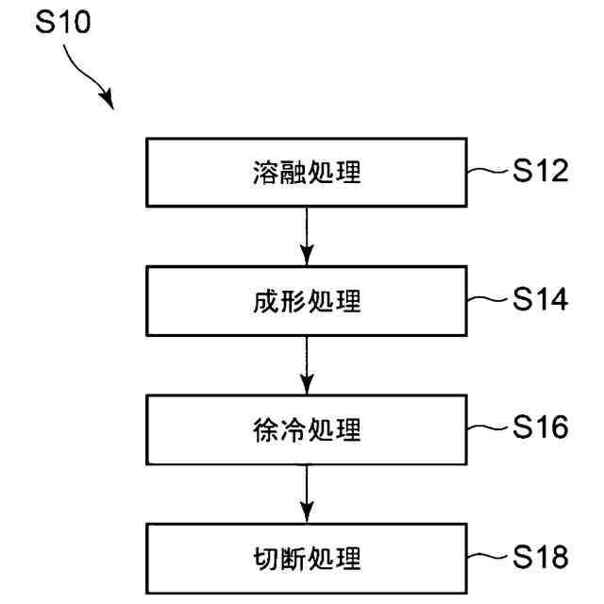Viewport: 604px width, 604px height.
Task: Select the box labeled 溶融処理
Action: [x=307, y=173]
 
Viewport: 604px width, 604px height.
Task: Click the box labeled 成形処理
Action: [x=307, y=302]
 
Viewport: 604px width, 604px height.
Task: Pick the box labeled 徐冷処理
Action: [x=307, y=430]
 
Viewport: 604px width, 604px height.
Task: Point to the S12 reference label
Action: [x=541, y=172]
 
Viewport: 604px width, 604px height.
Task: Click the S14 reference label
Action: [x=541, y=300]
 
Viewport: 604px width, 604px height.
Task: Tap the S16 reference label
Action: [x=541, y=428]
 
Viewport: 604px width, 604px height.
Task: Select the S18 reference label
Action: [x=541, y=557]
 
